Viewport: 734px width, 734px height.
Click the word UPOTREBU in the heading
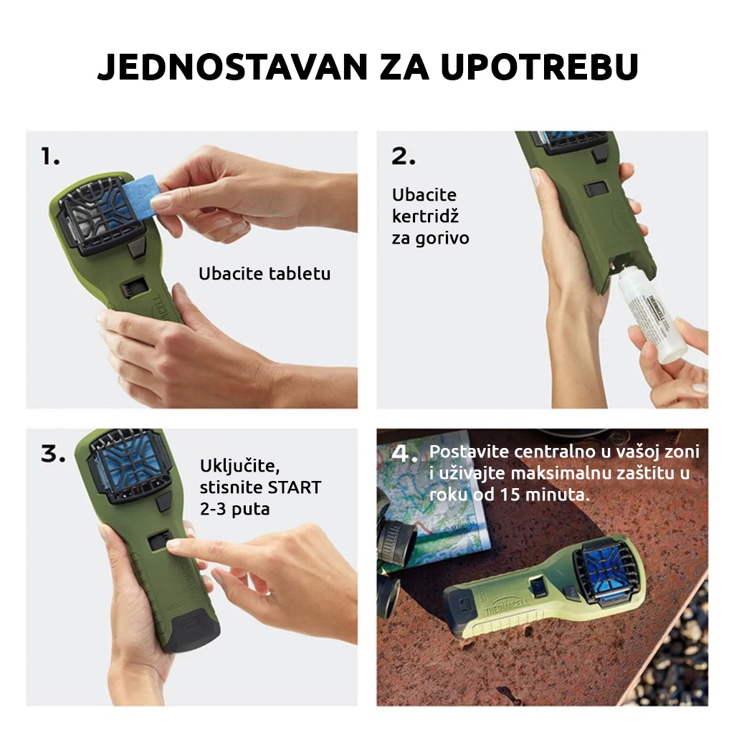(540, 67)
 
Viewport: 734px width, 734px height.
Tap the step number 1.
(51, 156)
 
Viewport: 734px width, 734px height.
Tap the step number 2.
(404, 156)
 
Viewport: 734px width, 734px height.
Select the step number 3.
(53, 454)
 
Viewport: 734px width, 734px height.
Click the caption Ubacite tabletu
(264, 274)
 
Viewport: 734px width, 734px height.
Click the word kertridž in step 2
(425, 216)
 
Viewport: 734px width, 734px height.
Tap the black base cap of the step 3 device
(193, 628)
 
